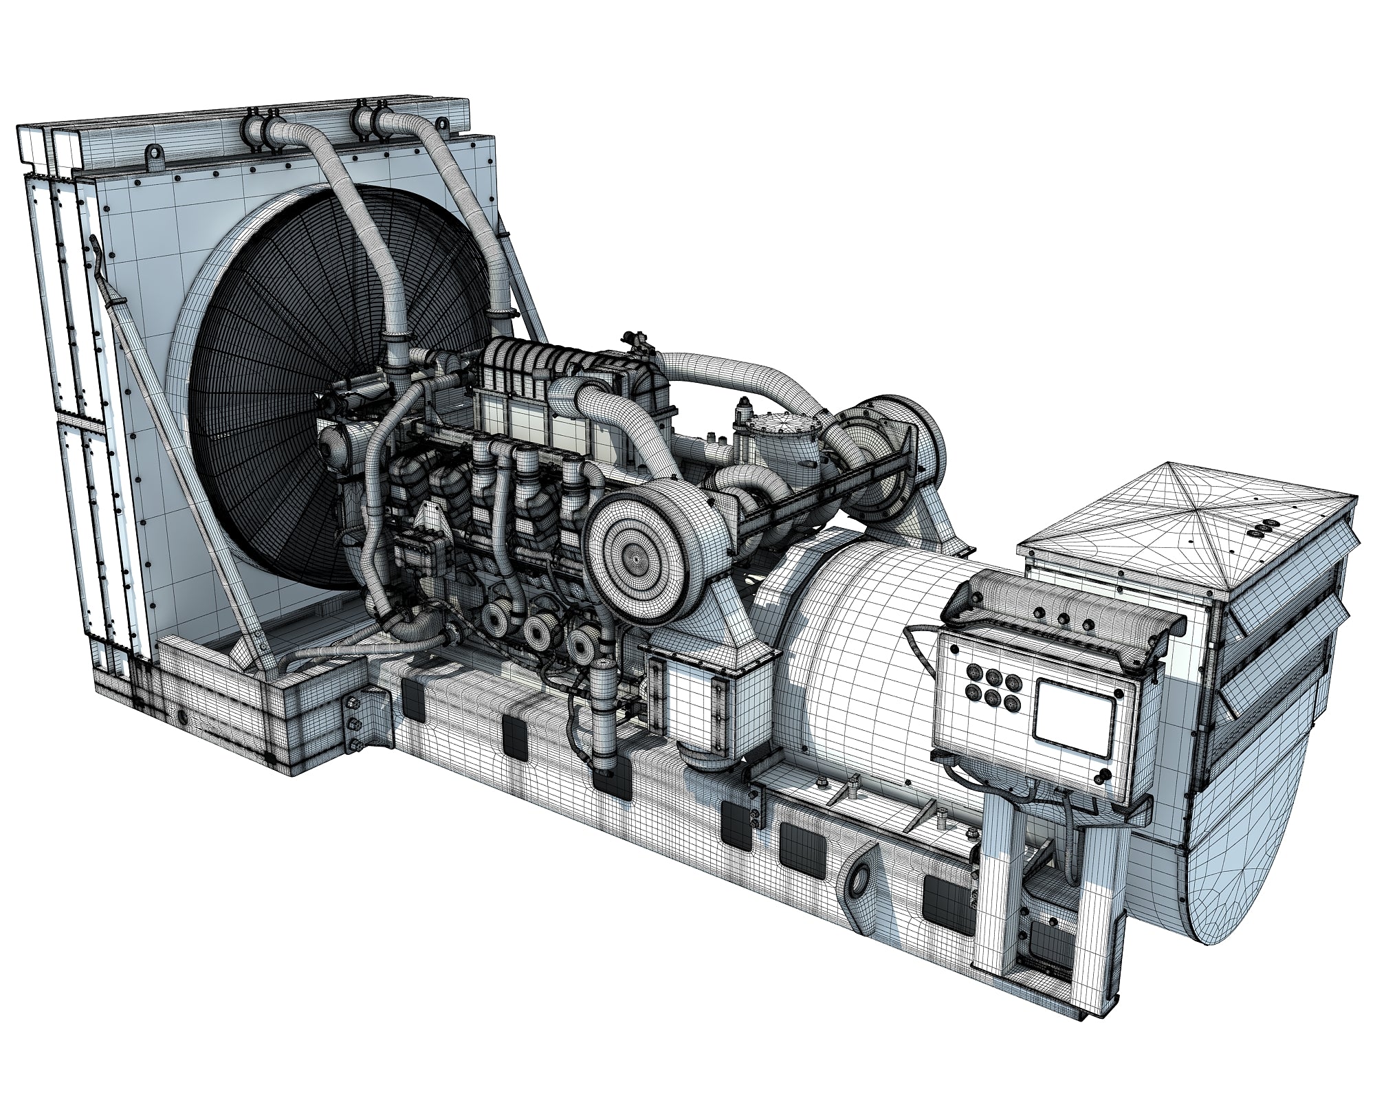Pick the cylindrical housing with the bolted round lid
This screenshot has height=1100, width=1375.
[784, 448]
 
